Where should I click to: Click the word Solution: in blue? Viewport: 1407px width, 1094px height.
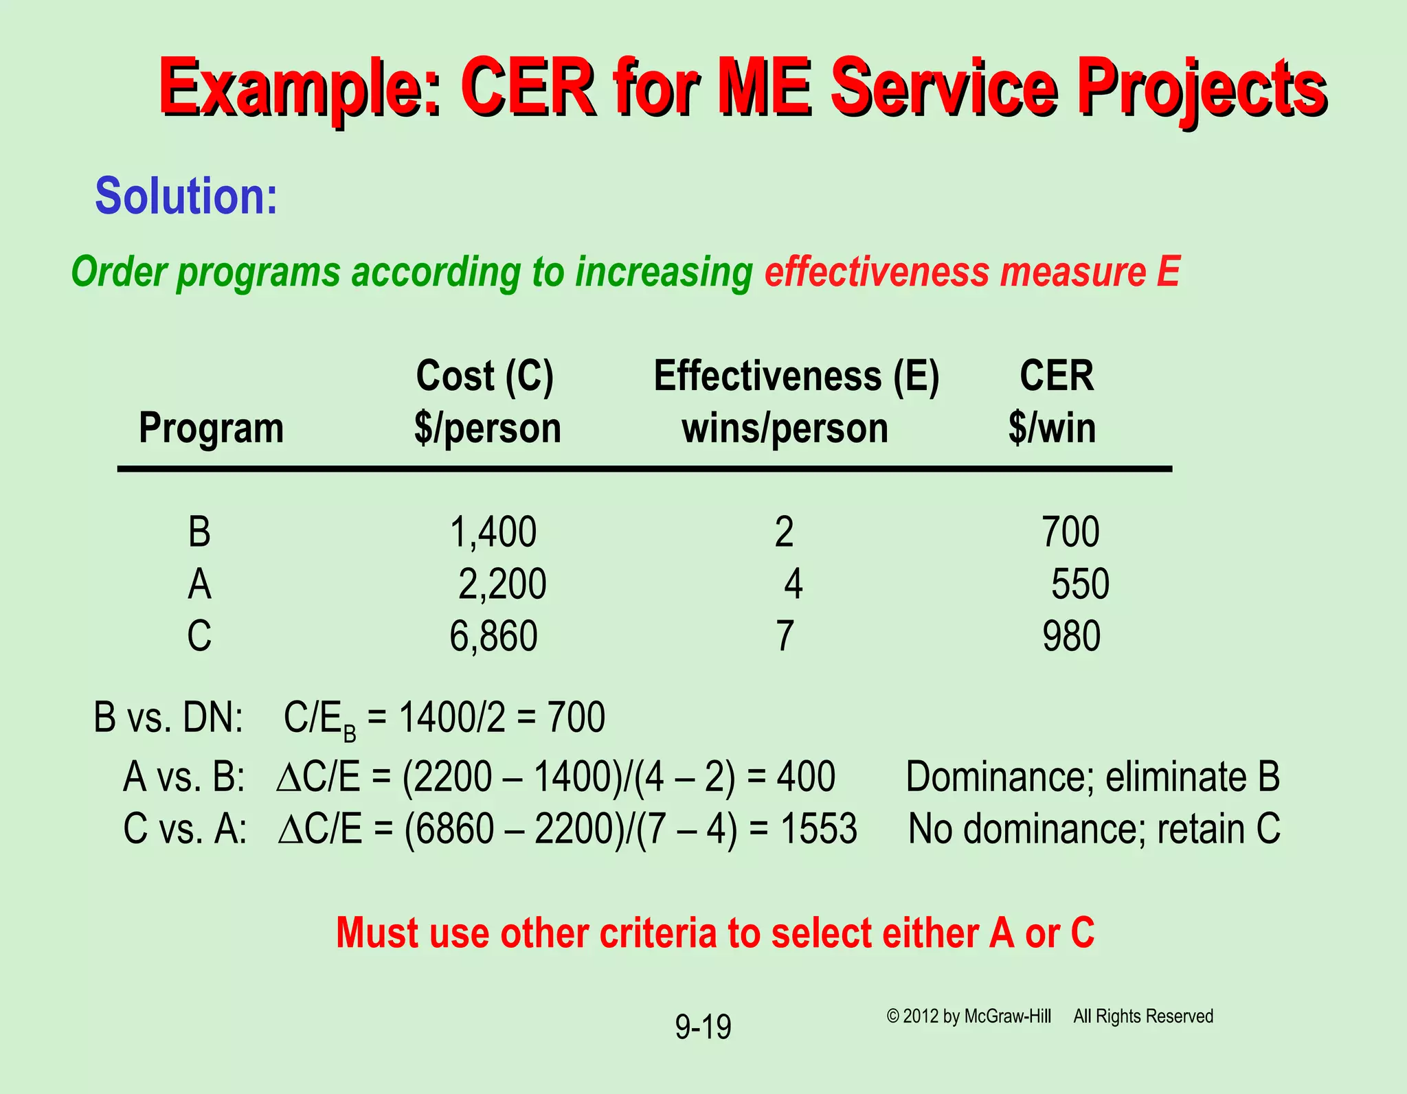tap(186, 196)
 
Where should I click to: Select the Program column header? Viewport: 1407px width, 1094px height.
tap(211, 429)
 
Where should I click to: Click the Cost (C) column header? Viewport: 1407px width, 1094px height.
tap(484, 376)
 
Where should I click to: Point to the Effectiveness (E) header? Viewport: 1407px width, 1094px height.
tap(796, 376)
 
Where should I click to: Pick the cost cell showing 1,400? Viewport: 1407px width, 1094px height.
tap(493, 532)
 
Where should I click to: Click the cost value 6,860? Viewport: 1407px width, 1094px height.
tap(493, 636)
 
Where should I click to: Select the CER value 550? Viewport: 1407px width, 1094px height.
tap(1080, 584)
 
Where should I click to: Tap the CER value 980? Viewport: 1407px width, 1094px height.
tap(1071, 636)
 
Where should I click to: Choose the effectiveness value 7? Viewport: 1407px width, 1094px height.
tap(785, 636)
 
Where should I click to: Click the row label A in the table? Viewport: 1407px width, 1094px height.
tap(199, 584)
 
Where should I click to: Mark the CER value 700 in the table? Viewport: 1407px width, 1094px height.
tap(1070, 532)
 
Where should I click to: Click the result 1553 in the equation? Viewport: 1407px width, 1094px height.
tap(818, 829)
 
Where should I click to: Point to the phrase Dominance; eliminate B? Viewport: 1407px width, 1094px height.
tap(1092, 777)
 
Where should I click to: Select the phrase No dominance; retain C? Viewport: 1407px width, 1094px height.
tap(1094, 829)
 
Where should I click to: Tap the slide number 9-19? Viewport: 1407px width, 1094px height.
tap(703, 1027)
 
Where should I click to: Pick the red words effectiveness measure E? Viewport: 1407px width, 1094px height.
tap(972, 272)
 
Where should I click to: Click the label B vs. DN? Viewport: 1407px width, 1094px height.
tap(168, 718)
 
